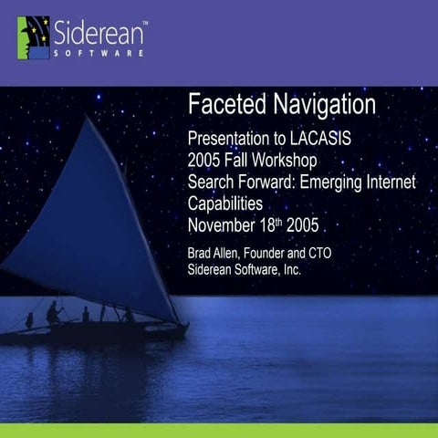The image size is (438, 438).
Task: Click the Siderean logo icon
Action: tap(34, 37)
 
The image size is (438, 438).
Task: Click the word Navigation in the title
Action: tap(318, 105)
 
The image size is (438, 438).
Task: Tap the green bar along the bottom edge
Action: tap(219, 430)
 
